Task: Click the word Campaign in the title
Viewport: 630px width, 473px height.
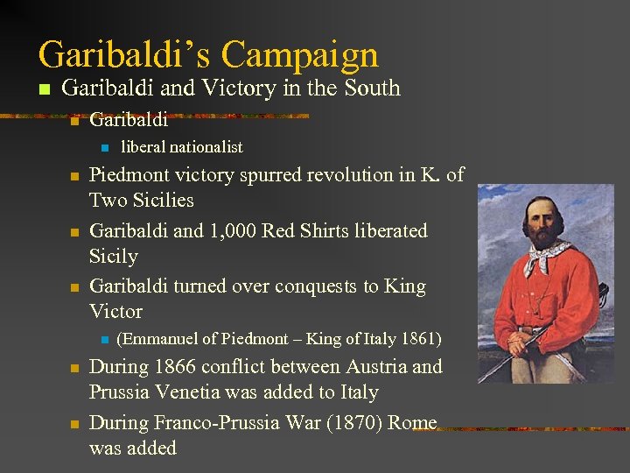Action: [x=299, y=54]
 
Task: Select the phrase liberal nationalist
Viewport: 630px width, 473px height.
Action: [x=181, y=147]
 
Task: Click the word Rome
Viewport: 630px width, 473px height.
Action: [x=412, y=423]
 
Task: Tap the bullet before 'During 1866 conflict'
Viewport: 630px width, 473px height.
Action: [x=74, y=369]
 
